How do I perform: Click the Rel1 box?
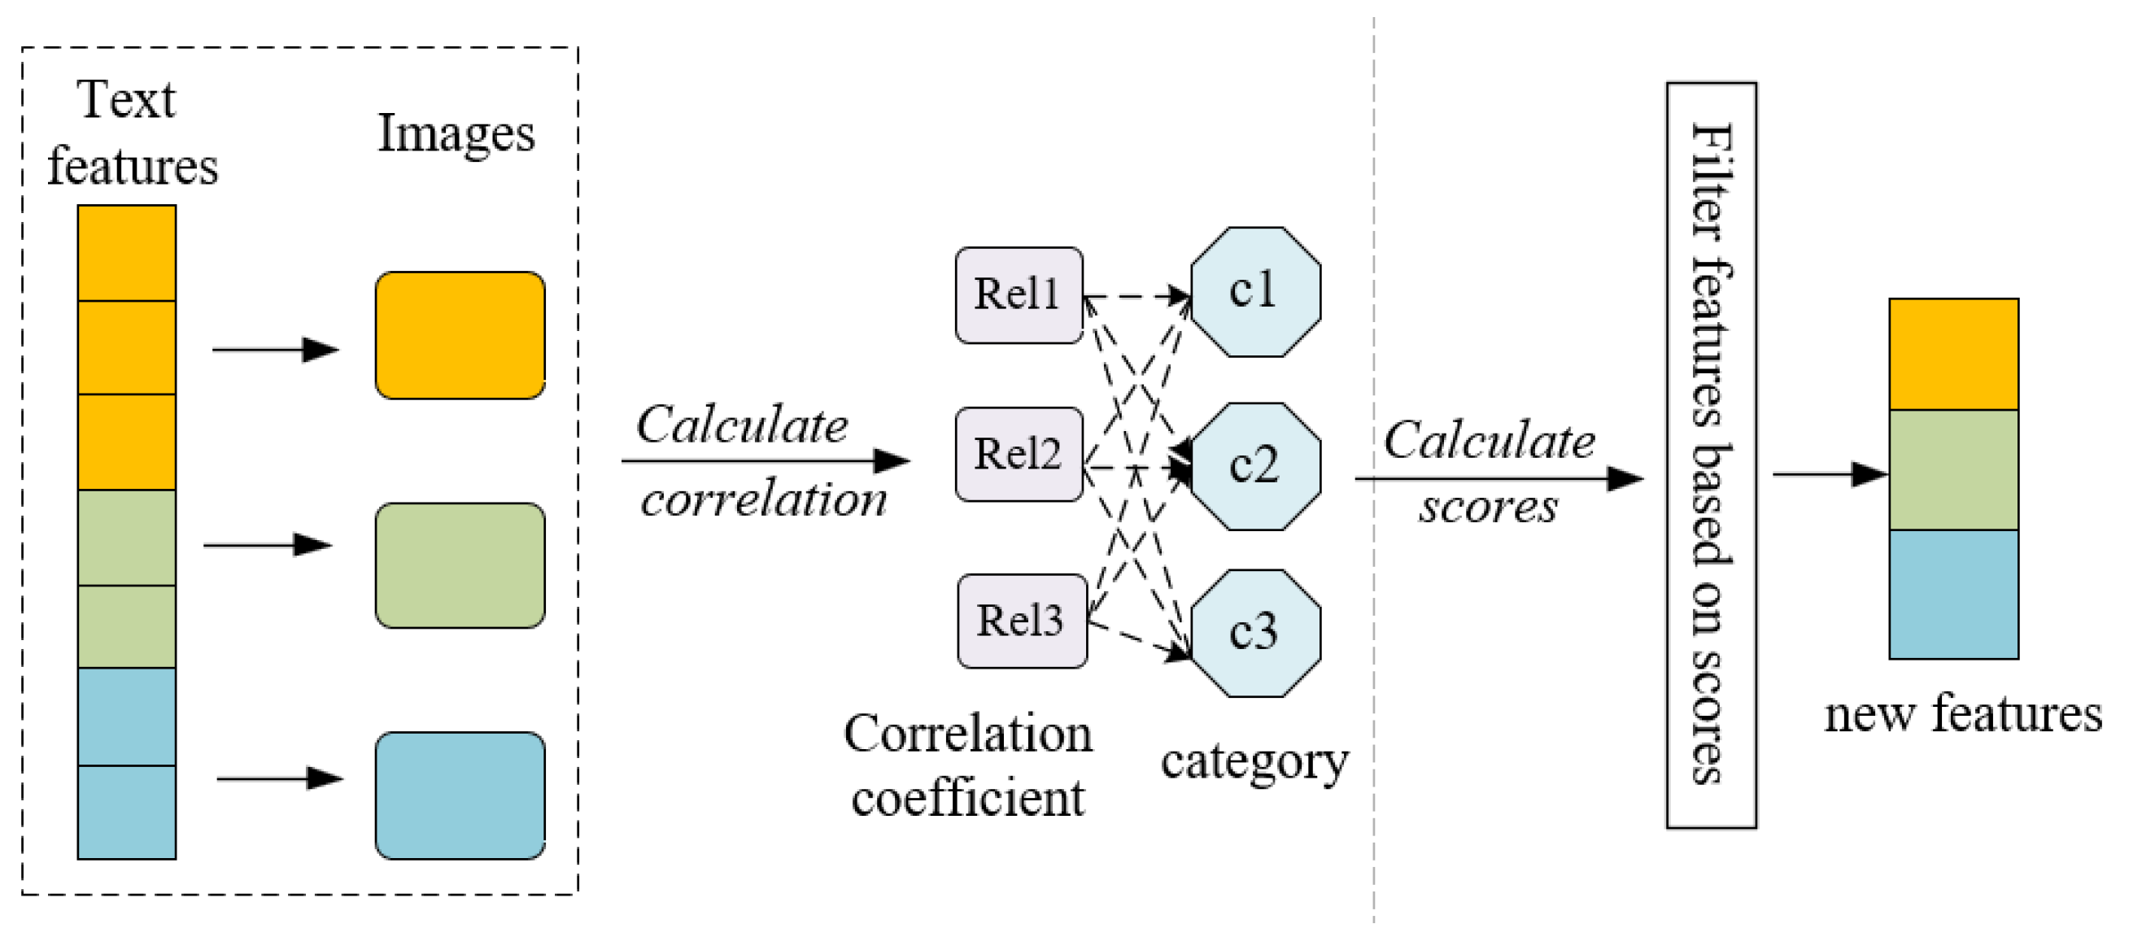coord(1019,295)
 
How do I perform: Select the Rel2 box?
coord(1019,455)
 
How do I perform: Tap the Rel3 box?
coord(1021,621)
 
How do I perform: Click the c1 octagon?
coord(1254,292)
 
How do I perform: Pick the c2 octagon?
coord(1254,466)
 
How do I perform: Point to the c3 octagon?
coord(1254,633)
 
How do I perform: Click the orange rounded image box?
coord(460,335)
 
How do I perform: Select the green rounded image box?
coord(460,565)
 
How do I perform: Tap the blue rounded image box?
coord(460,795)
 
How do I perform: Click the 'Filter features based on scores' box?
coord(1712,455)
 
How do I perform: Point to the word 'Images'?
coord(456,133)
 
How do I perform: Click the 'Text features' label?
coord(130,133)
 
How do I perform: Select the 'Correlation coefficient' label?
coord(968,765)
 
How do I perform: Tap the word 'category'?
coord(1254,761)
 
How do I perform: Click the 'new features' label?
coord(1962,715)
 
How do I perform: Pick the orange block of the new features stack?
coord(1953,354)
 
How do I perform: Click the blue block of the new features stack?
coord(1953,595)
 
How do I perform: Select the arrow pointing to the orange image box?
coord(274,350)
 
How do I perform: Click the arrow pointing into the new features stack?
coord(1830,475)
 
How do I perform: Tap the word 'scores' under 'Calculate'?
coord(1489,508)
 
